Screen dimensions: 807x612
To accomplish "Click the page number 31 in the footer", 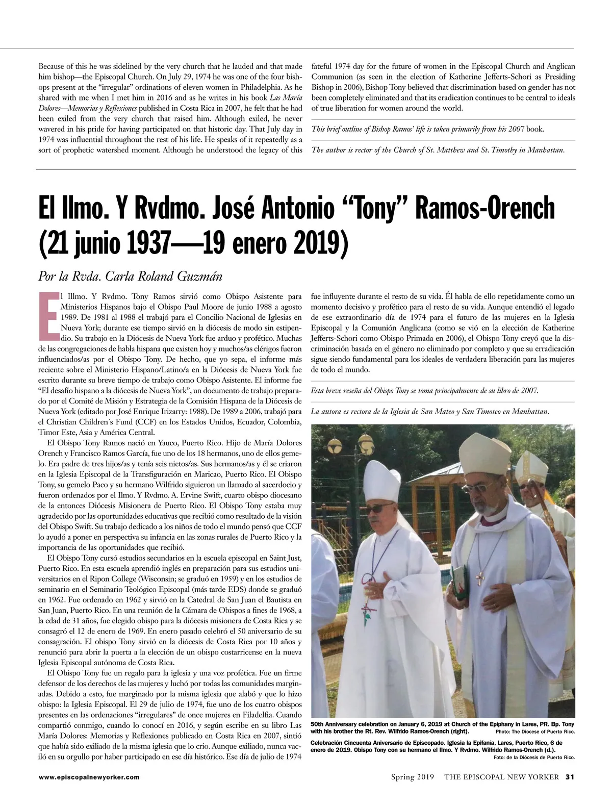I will tap(570, 777).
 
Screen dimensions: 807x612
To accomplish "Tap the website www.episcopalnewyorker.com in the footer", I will tap(89, 777).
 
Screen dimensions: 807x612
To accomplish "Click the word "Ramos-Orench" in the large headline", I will tap(486, 208).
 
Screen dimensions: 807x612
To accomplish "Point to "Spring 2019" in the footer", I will tap(412, 777).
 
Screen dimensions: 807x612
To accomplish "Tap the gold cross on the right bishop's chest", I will tap(479, 577).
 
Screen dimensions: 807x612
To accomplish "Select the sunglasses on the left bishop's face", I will tap(380, 509).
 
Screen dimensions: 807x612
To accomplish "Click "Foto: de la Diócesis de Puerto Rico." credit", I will tap(534, 757).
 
